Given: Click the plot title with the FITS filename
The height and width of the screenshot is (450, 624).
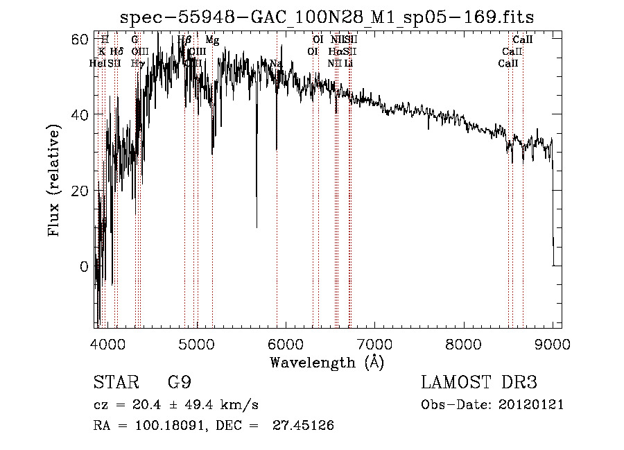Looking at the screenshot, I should tap(327, 17).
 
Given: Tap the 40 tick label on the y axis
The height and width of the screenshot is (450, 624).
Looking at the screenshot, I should tap(81, 114).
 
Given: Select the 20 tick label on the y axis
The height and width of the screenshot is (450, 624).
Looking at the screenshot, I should tap(81, 191).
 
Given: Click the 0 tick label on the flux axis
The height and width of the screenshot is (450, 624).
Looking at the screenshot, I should tap(85, 267).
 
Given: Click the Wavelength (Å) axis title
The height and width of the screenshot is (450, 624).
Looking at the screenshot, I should tap(327, 362).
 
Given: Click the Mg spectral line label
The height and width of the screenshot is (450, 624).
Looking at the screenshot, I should tap(212, 40).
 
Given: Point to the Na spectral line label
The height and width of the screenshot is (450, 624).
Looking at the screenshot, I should tap(276, 64).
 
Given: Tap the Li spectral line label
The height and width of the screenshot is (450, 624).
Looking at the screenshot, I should tap(349, 64).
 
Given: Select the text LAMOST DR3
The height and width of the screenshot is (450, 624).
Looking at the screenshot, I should tap(479, 382).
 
